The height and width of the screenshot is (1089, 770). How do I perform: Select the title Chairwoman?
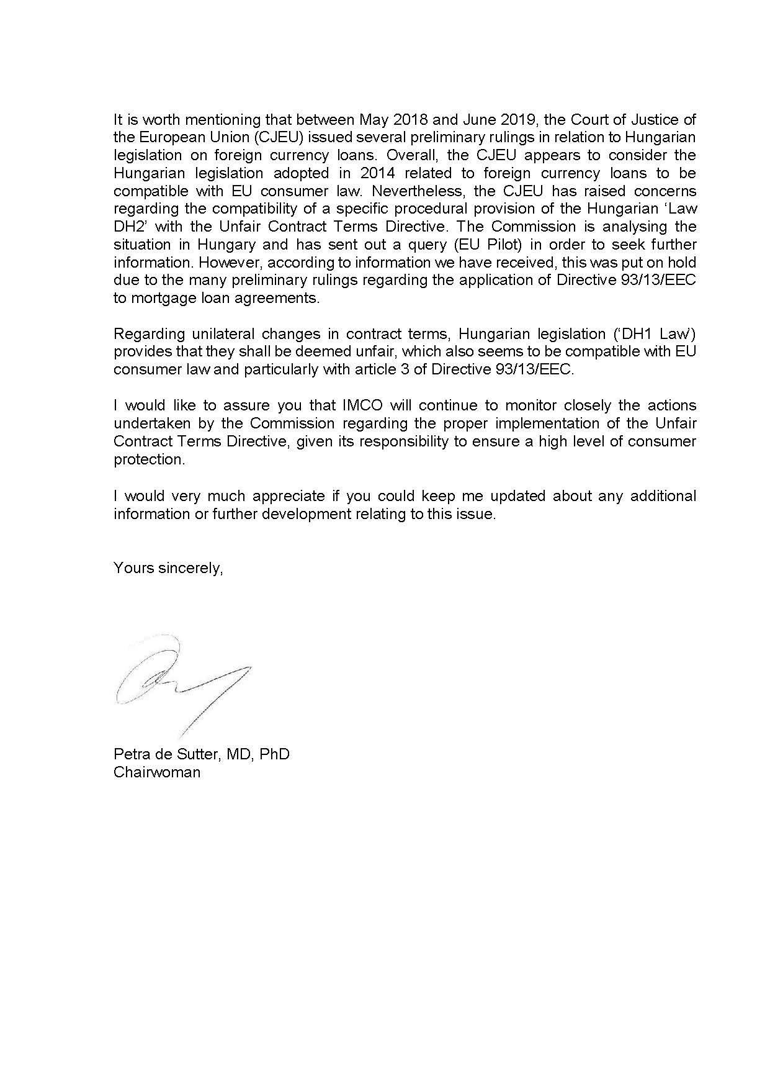[157, 772]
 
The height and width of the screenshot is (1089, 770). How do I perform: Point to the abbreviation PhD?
[274, 754]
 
